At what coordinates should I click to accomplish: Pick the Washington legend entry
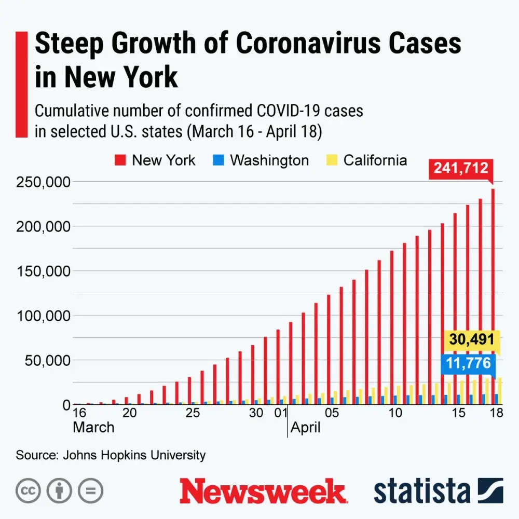click(263, 160)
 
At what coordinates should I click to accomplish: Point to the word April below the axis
click(306, 428)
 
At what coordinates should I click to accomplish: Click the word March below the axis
click(93, 428)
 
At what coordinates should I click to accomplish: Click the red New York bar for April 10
click(392, 327)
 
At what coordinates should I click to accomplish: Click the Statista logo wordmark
click(422, 491)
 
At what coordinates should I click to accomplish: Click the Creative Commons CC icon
click(29, 490)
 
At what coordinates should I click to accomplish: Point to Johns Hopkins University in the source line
click(134, 455)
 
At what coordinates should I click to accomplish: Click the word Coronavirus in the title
click(307, 44)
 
